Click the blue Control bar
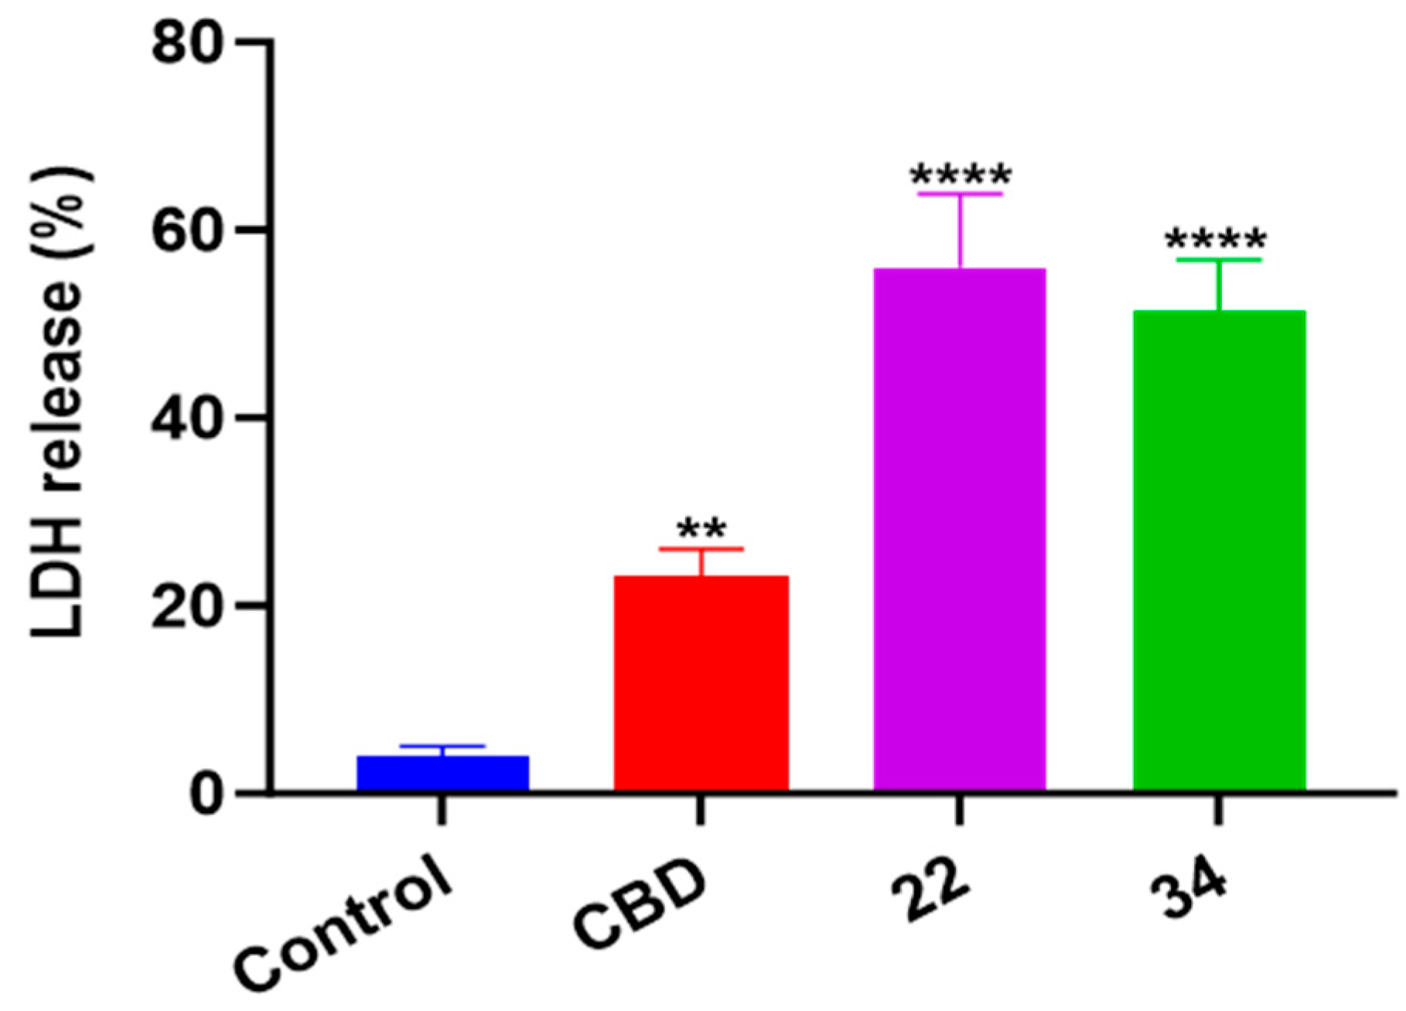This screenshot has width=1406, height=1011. [442, 773]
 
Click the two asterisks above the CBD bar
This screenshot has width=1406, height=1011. [701, 530]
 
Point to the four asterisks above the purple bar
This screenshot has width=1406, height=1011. [960, 175]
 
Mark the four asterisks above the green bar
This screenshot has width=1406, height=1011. [1216, 240]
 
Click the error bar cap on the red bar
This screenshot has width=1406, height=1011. [701, 548]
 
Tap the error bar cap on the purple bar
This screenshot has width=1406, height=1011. [960, 193]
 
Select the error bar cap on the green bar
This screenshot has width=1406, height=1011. [1219, 260]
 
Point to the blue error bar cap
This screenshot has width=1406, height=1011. [442, 746]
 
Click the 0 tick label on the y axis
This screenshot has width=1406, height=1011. [205, 794]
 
